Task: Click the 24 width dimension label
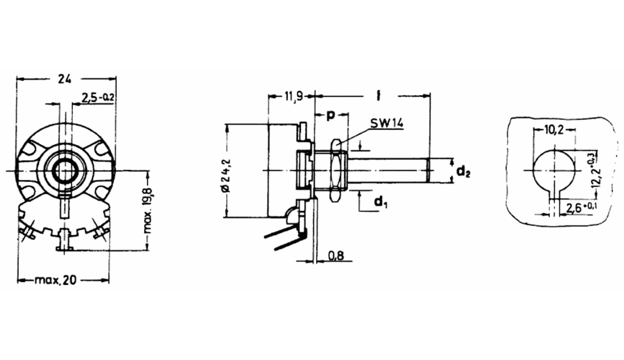pyautogui.click(x=65, y=79)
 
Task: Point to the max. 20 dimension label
pyautogui.click(x=56, y=280)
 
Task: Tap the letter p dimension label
pyautogui.click(x=330, y=115)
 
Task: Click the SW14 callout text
pyautogui.click(x=387, y=123)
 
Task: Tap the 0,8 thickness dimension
pyautogui.click(x=336, y=256)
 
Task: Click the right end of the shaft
pyautogui.click(x=428, y=170)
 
